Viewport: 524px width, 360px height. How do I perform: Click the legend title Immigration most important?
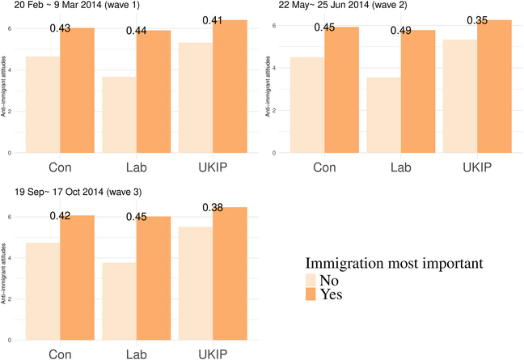pyautogui.click(x=395, y=263)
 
